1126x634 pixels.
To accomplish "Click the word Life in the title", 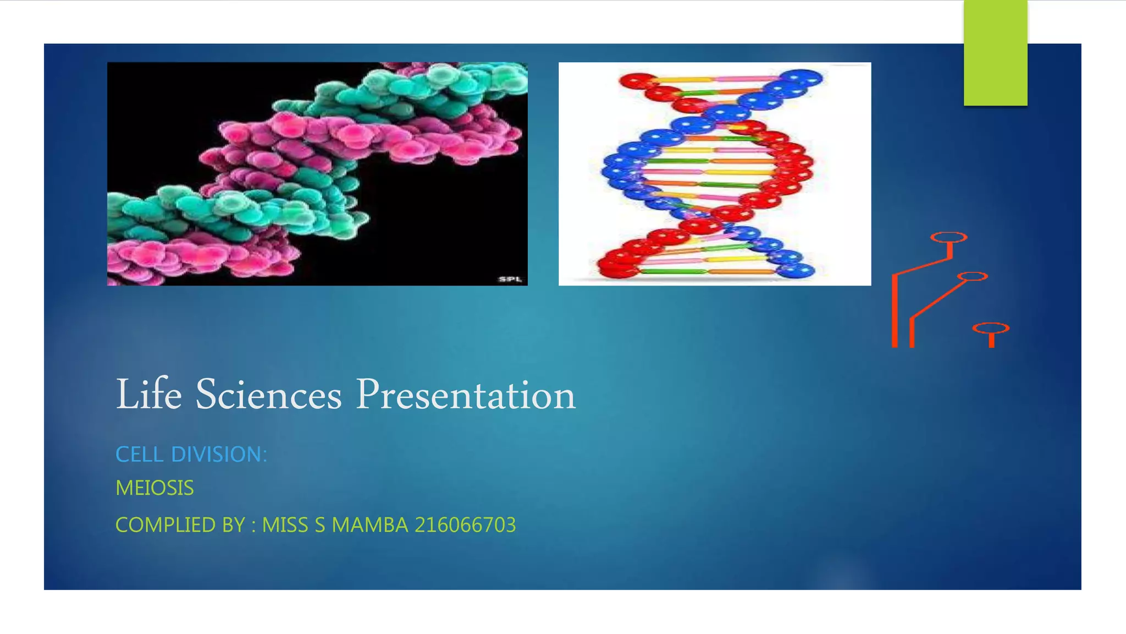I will tap(148, 395).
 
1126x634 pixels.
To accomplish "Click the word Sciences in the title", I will tap(268, 395).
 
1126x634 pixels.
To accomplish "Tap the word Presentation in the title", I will tap(465, 395).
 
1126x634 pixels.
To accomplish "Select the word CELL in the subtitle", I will tap(140, 455).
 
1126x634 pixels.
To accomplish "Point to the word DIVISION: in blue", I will tap(219, 455).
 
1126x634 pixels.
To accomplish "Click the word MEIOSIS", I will tap(154, 488).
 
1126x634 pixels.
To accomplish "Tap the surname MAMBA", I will tap(369, 525).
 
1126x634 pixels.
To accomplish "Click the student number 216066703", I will tap(465, 525).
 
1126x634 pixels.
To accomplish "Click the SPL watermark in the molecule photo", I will tap(510, 280).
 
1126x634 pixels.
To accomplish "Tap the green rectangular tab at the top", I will tap(995, 52).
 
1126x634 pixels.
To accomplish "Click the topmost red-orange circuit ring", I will tap(948, 237).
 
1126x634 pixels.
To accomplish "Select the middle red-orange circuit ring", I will tap(972, 276).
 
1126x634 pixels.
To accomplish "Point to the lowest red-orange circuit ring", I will tap(991, 329).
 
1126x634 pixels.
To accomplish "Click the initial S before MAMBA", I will tap(320, 525).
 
